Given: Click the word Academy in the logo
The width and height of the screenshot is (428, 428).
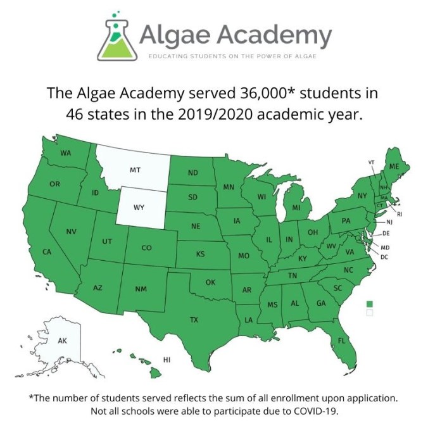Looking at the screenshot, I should [274, 34].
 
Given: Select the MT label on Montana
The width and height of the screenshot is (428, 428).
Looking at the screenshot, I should [135, 170].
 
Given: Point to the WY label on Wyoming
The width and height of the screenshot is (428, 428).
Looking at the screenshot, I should [139, 207].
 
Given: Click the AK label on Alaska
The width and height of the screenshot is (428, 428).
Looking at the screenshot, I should [62, 341].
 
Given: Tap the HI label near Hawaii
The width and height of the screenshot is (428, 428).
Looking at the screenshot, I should [167, 360].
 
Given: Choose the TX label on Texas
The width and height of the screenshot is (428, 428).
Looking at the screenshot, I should [194, 320].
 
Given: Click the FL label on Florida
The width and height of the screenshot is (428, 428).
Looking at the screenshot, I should [341, 341].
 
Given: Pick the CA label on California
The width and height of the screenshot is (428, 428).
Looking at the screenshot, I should [46, 252].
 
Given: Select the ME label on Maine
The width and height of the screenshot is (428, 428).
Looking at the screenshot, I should [394, 166].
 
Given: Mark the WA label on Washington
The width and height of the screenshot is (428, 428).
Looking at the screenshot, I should [65, 153].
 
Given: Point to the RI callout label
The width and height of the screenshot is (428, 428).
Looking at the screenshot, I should [400, 214].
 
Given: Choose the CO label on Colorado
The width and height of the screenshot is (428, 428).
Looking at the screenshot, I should [146, 248].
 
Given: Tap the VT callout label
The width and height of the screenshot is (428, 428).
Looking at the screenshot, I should [371, 163].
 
